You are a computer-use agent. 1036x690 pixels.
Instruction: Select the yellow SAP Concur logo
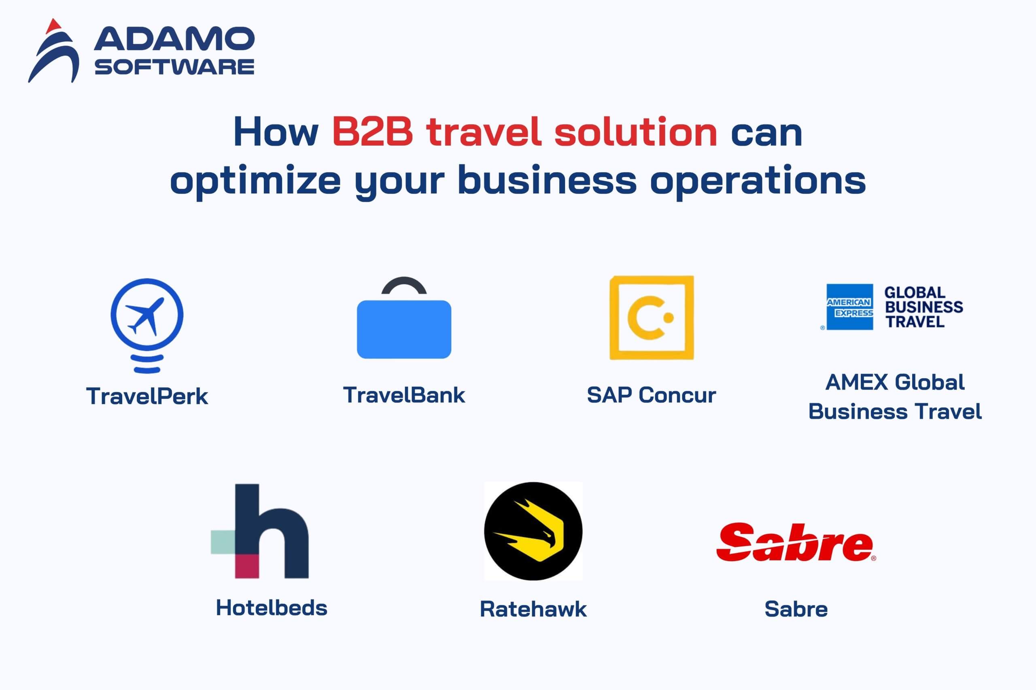click(651, 318)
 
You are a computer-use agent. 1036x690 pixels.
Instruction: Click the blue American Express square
click(849, 307)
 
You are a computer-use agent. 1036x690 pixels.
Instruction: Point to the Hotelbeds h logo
click(260, 531)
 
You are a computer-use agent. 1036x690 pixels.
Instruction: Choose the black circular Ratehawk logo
click(533, 531)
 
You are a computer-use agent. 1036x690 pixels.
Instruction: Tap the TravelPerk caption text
click(147, 396)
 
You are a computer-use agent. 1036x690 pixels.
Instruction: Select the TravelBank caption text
click(404, 395)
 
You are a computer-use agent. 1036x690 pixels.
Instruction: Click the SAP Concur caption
click(651, 395)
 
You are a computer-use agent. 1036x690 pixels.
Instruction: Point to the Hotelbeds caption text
click(272, 608)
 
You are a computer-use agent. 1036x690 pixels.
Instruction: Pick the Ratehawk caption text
click(533, 609)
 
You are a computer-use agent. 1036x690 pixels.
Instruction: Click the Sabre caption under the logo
click(796, 609)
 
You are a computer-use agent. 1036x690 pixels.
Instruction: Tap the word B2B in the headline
click(372, 131)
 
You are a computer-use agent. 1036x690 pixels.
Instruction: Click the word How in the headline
click(276, 131)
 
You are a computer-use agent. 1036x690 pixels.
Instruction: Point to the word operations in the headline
click(758, 181)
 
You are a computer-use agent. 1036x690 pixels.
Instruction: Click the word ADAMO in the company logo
click(174, 39)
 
